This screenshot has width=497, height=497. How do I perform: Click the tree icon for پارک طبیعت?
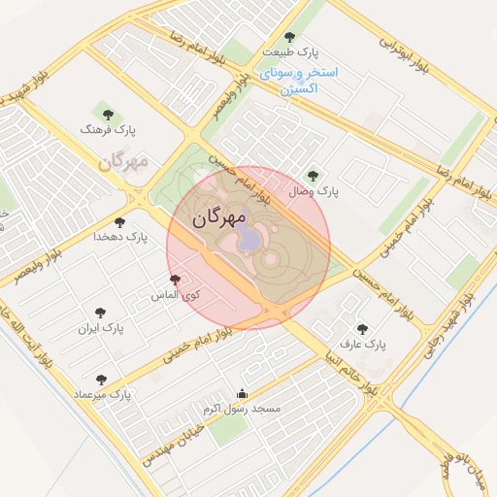[x=289, y=37]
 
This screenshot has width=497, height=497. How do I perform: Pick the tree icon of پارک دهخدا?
[x=120, y=222]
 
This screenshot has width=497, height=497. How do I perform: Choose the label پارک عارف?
[x=362, y=345]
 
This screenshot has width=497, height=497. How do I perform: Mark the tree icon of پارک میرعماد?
[x=102, y=379]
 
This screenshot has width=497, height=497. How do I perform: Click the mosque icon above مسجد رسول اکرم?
[x=242, y=393]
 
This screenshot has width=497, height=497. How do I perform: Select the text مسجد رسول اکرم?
[x=242, y=409]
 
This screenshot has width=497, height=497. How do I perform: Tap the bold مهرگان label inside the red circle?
[x=215, y=218]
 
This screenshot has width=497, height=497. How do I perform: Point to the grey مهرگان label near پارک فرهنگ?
[x=123, y=160]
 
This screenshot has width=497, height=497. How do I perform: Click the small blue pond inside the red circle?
[x=250, y=239]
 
